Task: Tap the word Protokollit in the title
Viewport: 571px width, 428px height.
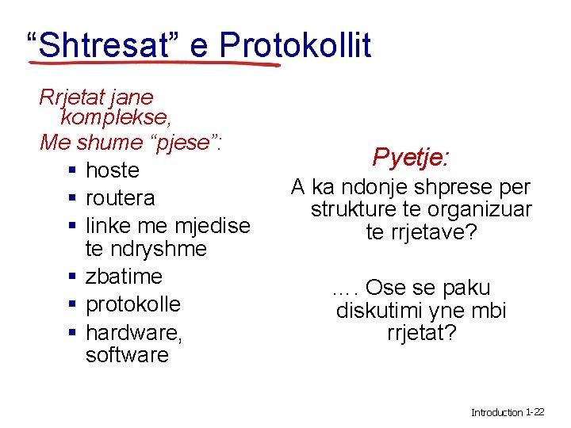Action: click(x=294, y=45)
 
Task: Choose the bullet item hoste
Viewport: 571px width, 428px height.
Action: click(x=112, y=170)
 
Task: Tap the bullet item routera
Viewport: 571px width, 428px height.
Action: click(x=120, y=197)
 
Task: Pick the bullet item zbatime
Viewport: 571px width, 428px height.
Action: click(x=124, y=277)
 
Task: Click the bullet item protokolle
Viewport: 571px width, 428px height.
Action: click(x=132, y=304)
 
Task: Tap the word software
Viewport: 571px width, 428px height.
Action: click(x=127, y=355)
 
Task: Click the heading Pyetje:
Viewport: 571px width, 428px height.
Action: click(x=412, y=157)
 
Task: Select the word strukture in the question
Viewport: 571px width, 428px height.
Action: click(x=354, y=210)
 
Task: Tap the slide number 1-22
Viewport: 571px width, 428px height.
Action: click(x=535, y=412)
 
